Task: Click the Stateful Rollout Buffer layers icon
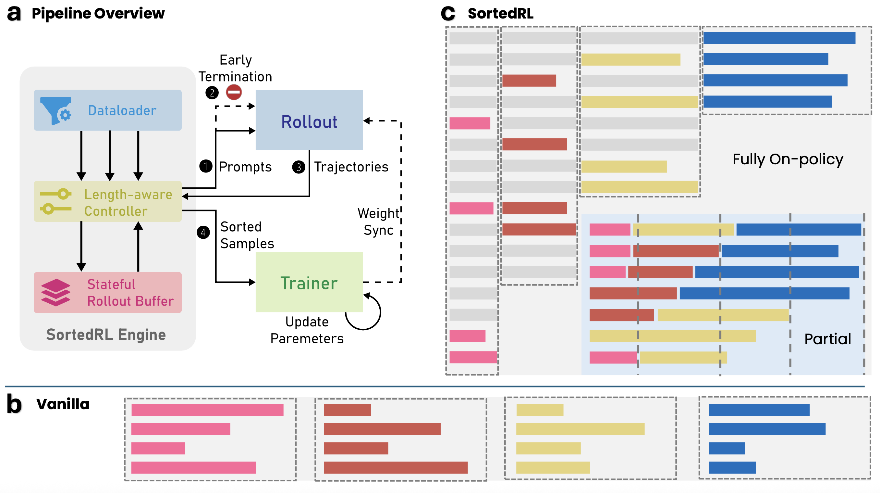pos(55,292)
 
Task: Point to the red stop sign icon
pos(234,92)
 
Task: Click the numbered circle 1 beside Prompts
pos(206,166)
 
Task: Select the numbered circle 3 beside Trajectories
pos(298,167)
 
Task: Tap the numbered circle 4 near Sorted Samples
pos(203,233)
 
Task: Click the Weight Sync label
pos(378,221)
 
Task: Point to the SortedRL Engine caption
pos(106,335)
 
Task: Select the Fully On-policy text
pos(788,159)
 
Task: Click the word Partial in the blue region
pos(827,339)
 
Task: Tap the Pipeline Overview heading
pos(98,14)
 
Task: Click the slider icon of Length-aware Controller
pos(55,201)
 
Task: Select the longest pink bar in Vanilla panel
pos(207,410)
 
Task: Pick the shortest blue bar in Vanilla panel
pos(726,448)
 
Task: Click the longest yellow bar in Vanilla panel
pos(580,429)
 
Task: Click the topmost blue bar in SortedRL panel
pos(779,38)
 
